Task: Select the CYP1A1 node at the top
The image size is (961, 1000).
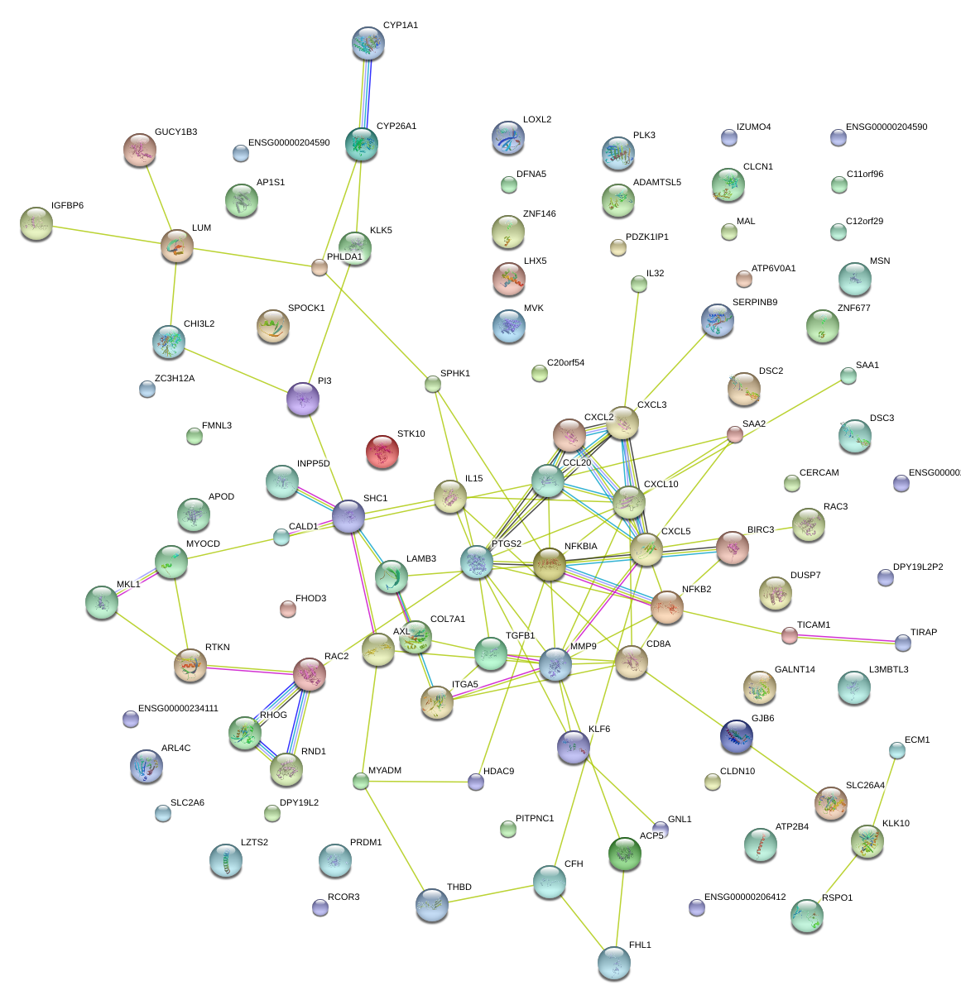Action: point(368,43)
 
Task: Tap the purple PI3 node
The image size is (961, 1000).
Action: point(303,399)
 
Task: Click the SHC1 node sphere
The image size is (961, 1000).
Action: point(348,516)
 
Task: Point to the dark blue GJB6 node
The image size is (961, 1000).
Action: point(737,736)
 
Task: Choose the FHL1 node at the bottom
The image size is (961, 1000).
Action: point(613,962)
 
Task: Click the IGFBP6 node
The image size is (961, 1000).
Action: point(36,223)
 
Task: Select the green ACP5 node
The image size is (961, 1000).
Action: point(624,854)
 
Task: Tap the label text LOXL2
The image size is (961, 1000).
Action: point(537,119)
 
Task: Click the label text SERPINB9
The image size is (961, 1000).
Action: point(754,303)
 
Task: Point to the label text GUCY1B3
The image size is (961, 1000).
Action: point(175,132)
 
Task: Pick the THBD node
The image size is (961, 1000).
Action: point(431,905)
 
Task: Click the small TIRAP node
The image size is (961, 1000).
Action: point(903,643)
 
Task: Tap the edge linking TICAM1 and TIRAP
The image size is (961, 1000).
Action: point(846,639)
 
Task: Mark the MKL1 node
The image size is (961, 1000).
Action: point(102,601)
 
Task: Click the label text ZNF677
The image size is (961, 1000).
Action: point(853,308)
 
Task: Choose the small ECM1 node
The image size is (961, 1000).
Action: point(897,750)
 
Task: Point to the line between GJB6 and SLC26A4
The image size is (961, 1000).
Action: point(784,768)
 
